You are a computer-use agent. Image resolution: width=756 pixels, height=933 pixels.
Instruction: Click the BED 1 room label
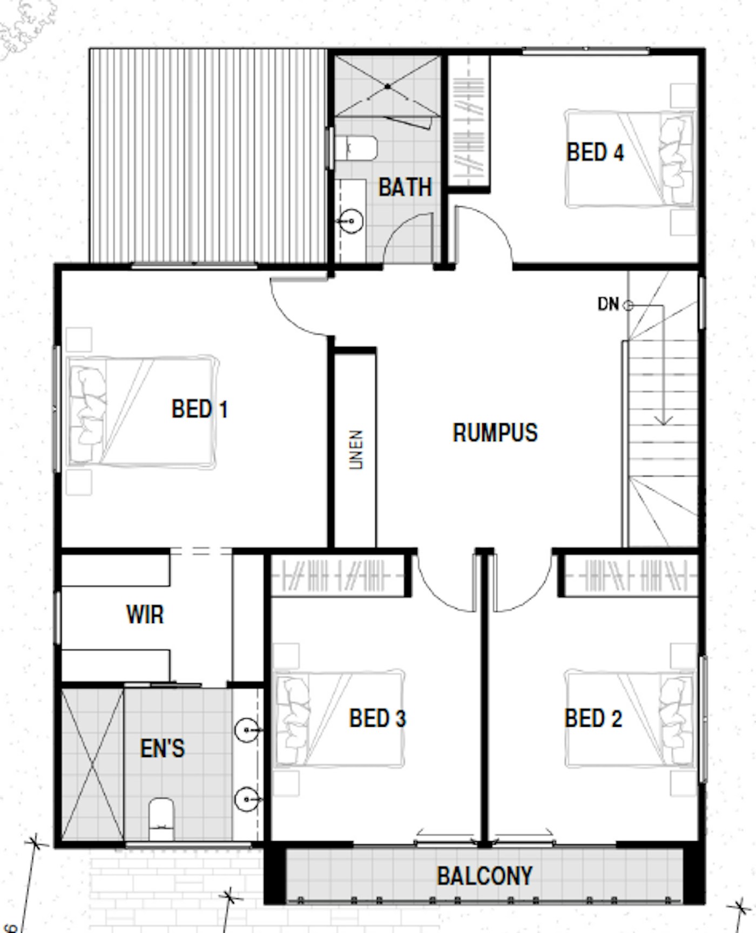(200, 409)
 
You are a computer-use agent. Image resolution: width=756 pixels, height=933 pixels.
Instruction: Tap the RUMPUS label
(495, 432)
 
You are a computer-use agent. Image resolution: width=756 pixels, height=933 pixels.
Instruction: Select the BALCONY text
(484, 876)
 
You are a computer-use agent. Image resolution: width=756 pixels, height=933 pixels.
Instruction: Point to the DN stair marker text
(608, 304)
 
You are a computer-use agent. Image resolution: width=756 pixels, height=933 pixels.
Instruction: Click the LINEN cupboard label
(355, 450)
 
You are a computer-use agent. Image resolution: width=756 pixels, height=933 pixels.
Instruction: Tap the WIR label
(145, 614)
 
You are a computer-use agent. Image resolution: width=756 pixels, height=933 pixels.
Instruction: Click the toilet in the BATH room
(355, 148)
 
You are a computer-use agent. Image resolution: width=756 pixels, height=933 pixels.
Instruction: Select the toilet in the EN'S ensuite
(161, 819)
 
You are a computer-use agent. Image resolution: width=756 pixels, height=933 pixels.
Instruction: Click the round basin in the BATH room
(352, 221)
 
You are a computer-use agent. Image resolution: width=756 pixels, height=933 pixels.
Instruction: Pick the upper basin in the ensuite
(246, 730)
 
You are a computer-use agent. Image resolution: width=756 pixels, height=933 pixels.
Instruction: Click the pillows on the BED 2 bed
(676, 718)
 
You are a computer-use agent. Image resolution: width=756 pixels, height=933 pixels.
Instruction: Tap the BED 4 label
(595, 152)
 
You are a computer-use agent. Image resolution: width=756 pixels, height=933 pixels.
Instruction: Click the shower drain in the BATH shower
(388, 86)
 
